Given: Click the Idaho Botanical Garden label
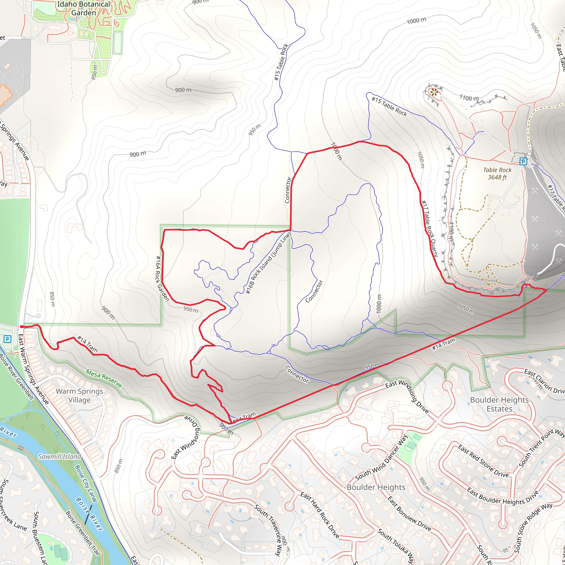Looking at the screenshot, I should pyautogui.click(x=83, y=9).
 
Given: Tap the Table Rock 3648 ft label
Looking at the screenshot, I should pyautogui.click(x=497, y=174).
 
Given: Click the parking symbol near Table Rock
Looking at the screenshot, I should pyautogui.click(x=523, y=161).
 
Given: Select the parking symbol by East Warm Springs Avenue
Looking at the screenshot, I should pyautogui.click(x=7, y=339).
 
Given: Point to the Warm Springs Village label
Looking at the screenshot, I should pyautogui.click(x=79, y=395).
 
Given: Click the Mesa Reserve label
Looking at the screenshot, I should pyautogui.click(x=103, y=378).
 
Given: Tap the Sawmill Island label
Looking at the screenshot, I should pyautogui.click(x=60, y=457).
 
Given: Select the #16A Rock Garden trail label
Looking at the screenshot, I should pyautogui.click(x=162, y=278).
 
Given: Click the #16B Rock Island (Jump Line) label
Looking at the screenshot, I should pyautogui.click(x=268, y=263).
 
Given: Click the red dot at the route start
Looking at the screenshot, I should pyautogui.click(x=22, y=327).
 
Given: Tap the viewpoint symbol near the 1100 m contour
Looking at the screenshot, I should pyautogui.click(x=434, y=92).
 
